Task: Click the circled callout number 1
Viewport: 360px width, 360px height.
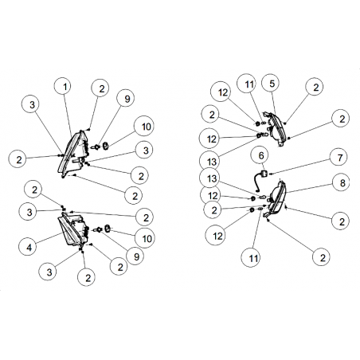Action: (65, 87)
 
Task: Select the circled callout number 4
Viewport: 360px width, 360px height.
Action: (29, 248)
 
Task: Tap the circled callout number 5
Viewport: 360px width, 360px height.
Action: (272, 84)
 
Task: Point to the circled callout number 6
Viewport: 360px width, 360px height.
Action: (261, 155)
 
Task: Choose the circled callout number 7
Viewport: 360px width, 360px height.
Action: (340, 158)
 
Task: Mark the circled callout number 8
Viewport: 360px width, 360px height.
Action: (342, 182)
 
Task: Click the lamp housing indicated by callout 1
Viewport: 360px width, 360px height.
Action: (72, 155)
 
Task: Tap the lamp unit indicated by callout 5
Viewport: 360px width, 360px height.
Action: (276, 129)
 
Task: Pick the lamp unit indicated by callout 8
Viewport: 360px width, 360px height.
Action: (276, 197)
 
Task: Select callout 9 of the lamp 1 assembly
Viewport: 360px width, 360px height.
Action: (127, 99)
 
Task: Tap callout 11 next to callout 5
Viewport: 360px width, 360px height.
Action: (248, 84)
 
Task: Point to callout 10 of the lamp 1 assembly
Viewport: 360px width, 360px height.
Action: (146, 127)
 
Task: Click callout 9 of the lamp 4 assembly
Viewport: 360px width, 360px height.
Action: (136, 256)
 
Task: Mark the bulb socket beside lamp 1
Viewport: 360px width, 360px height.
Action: (95, 147)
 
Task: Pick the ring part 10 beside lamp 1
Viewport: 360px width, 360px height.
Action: (106, 146)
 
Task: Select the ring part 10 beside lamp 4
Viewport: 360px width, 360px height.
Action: (108, 228)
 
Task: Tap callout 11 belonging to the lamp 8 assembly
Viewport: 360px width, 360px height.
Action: (253, 257)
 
